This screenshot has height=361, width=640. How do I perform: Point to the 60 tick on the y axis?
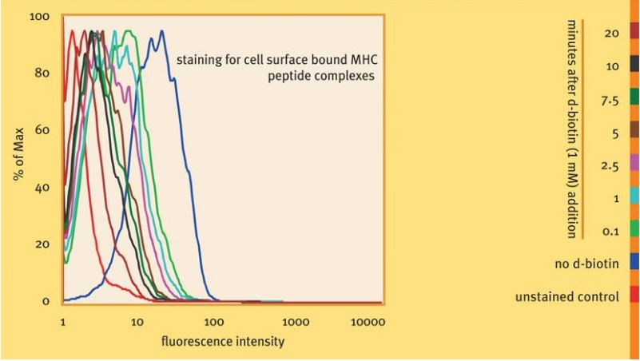point(46,130)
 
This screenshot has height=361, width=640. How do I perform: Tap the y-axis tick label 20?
point(46,244)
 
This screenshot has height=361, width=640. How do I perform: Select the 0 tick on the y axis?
point(46,301)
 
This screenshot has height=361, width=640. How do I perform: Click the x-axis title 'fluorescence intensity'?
point(222,341)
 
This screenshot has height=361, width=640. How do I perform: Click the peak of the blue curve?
point(162,32)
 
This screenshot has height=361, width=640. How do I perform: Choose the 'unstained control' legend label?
point(567,297)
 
